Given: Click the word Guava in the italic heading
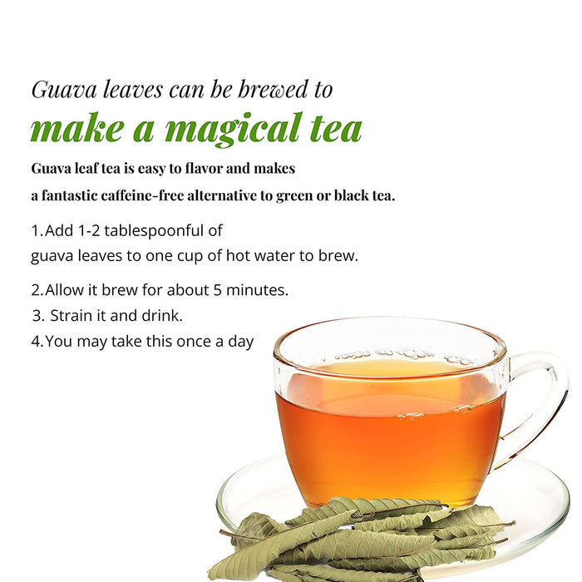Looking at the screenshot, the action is tap(64, 90).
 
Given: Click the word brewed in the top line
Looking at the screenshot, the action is tap(273, 89).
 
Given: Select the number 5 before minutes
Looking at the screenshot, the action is tap(217, 290).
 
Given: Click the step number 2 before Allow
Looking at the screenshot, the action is tap(37, 290).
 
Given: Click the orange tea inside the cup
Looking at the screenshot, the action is tap(390, 438).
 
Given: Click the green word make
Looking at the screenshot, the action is tap(76, 129).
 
